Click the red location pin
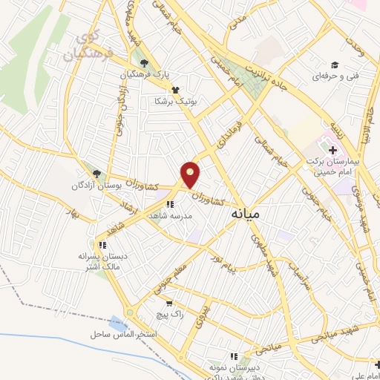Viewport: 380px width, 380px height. pyautogui.click(x=191, y=174)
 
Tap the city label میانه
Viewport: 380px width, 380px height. pyautogui.click(x=246, y=214)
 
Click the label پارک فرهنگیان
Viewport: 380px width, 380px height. pyautogui.click(x=146, y=75)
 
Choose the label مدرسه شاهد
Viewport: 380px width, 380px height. pyautogui.click(x=171, y=215)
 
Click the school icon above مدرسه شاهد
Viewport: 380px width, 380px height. pyautogui.click(x=170, y=204)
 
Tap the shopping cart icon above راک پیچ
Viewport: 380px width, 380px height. pyautogui.click(x=170, y=303)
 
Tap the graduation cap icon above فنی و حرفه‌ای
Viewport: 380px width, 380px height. pyautogui.click(x=335, y=65)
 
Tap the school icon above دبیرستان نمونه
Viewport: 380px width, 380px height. pyautogui.click(x=234, y=356)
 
